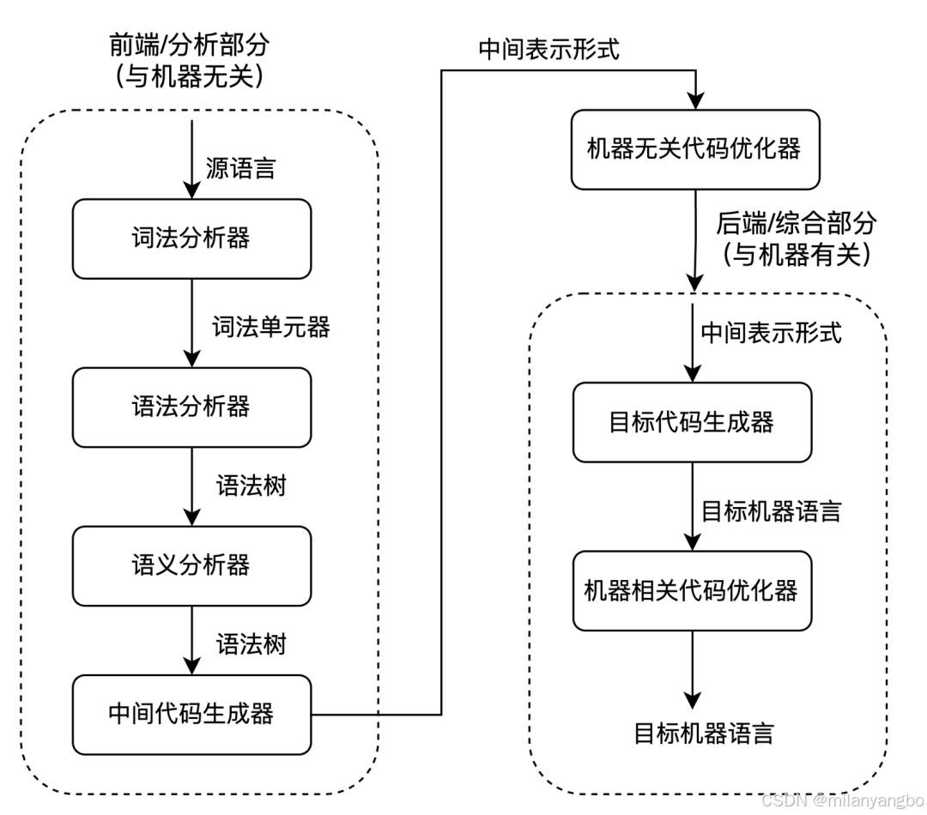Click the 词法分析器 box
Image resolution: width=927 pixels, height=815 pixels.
pos(191,238)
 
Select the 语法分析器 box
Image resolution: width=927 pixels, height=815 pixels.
pos(191,407)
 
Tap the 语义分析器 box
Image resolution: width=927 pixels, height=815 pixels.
pos(191,565)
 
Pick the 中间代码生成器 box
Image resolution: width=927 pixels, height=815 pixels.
pos(191,714)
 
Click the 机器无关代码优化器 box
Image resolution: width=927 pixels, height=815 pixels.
pos(694,149)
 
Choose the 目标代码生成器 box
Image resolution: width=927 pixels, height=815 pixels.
pos(692,422)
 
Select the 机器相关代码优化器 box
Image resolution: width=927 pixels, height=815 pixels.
pos(692,590)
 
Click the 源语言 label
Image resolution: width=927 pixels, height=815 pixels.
pos(241,168)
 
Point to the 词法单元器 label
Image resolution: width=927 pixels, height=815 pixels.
pos(271,327)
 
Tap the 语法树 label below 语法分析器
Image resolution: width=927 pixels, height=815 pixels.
pos(251,486)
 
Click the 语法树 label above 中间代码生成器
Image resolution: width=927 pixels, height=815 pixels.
pos(251,644)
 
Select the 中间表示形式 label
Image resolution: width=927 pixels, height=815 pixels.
pos(771,333)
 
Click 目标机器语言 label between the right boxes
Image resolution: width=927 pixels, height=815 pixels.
pos(771,512)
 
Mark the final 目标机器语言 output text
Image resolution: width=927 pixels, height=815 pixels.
pos(704,733)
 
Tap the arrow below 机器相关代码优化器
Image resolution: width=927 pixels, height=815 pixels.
pos(692,669)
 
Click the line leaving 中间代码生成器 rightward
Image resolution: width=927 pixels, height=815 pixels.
pos(344,714)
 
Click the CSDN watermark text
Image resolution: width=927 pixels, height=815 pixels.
pos(840,800)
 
